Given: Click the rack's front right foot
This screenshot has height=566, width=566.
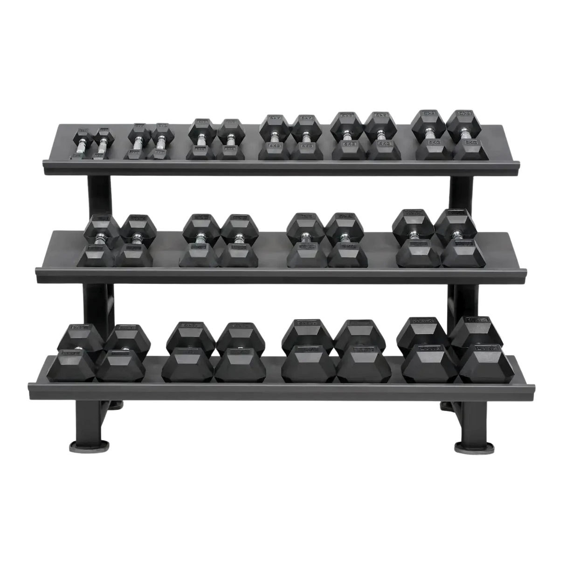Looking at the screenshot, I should pos(471,448).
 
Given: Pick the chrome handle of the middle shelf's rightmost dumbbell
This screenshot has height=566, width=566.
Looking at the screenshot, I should pos(455,235).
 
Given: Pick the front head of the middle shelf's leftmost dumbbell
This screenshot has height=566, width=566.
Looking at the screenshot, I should pos(97,255).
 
